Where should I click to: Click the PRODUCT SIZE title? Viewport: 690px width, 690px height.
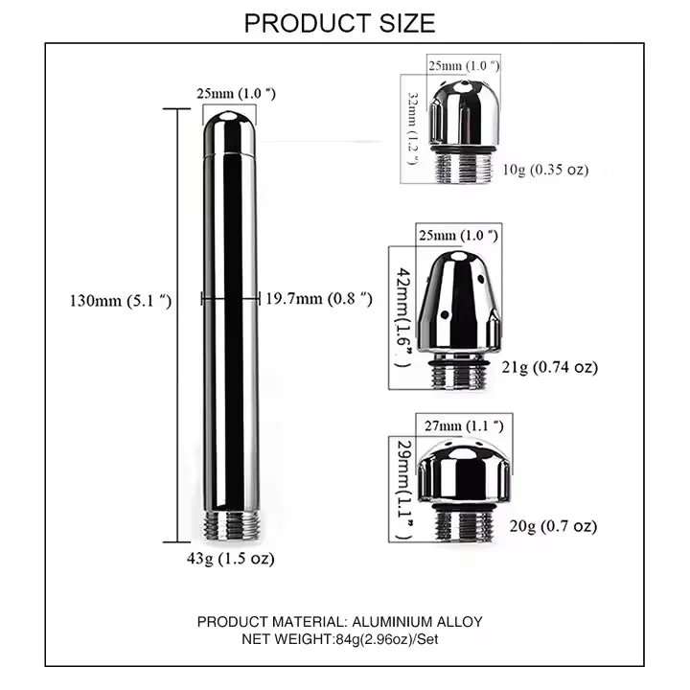339,22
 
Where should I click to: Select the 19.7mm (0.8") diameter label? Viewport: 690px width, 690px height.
319,299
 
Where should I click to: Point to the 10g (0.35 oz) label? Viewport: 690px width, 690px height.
545,170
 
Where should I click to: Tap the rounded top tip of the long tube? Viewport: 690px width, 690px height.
229,120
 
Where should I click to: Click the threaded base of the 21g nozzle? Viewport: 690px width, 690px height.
465,376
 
